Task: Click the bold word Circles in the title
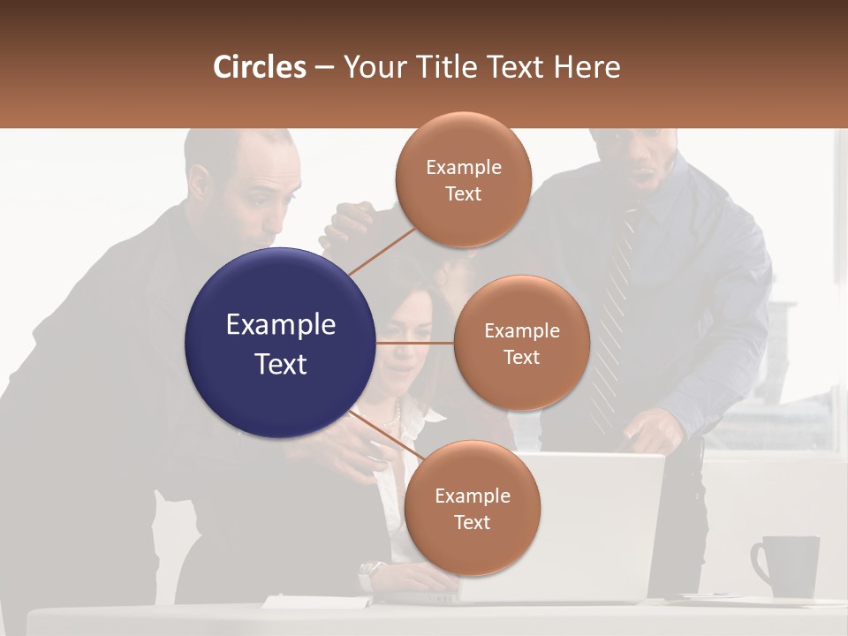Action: pos(260,67)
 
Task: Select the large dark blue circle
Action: pos(280,344)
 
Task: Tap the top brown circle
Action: pos(463,179)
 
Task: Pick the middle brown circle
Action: pos(521,343)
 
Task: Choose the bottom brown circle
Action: pos(472,508)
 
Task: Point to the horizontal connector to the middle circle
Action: pos(415,343)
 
